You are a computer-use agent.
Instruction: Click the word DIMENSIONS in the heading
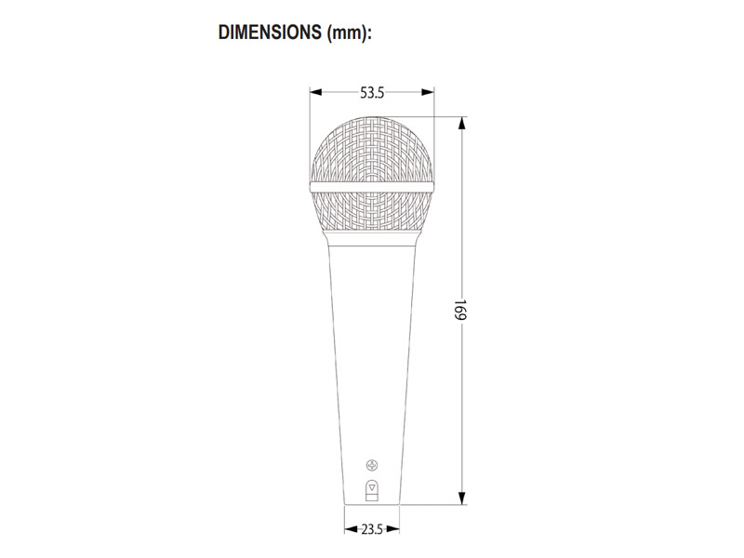click(270, 33)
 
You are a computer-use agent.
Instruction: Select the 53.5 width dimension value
click(372, 93)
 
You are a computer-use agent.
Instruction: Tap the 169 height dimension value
click(460, 310)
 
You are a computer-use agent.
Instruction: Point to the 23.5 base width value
click(372, 529)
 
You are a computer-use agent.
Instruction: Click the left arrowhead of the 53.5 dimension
click(315, 92)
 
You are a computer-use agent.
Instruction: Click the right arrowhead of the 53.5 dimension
click(428, 92)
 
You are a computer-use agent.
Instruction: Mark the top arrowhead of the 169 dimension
click(461, 123)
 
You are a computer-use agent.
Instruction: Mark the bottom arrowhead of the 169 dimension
click(461, 498)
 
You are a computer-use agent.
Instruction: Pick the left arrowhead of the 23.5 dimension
click(351, 529)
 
